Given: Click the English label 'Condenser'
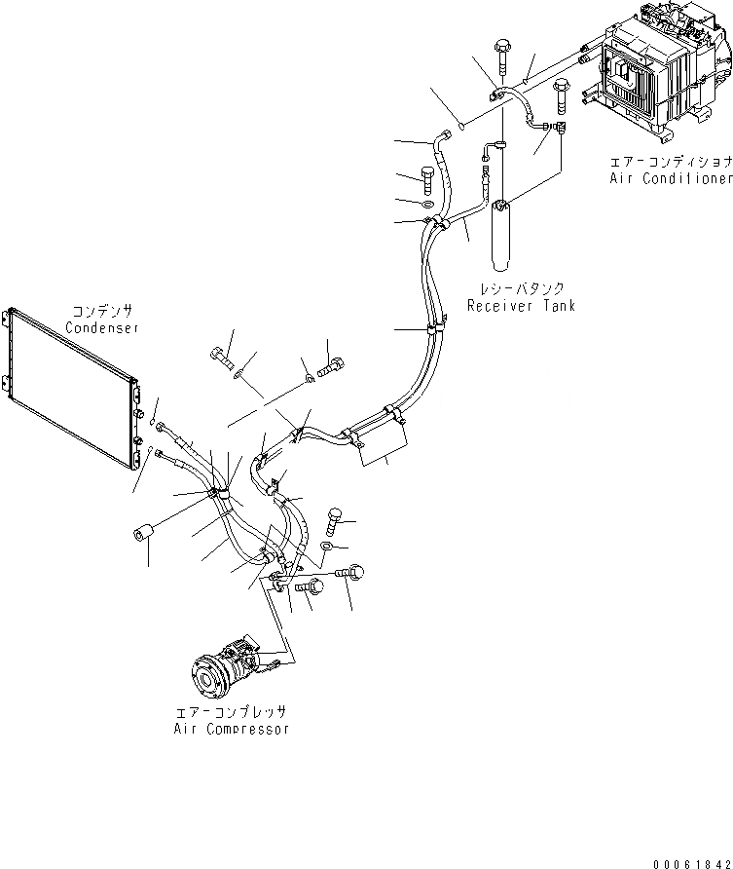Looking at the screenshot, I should (102, 327).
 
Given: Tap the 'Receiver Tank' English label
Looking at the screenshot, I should (521, 305).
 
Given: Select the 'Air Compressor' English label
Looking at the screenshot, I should (231, 728).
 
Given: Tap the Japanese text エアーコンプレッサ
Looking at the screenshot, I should (231, 712).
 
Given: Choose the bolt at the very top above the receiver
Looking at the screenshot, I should (502, 47).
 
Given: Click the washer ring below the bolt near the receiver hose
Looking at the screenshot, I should (428, 206).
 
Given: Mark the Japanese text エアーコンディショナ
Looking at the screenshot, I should (671, 162).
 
